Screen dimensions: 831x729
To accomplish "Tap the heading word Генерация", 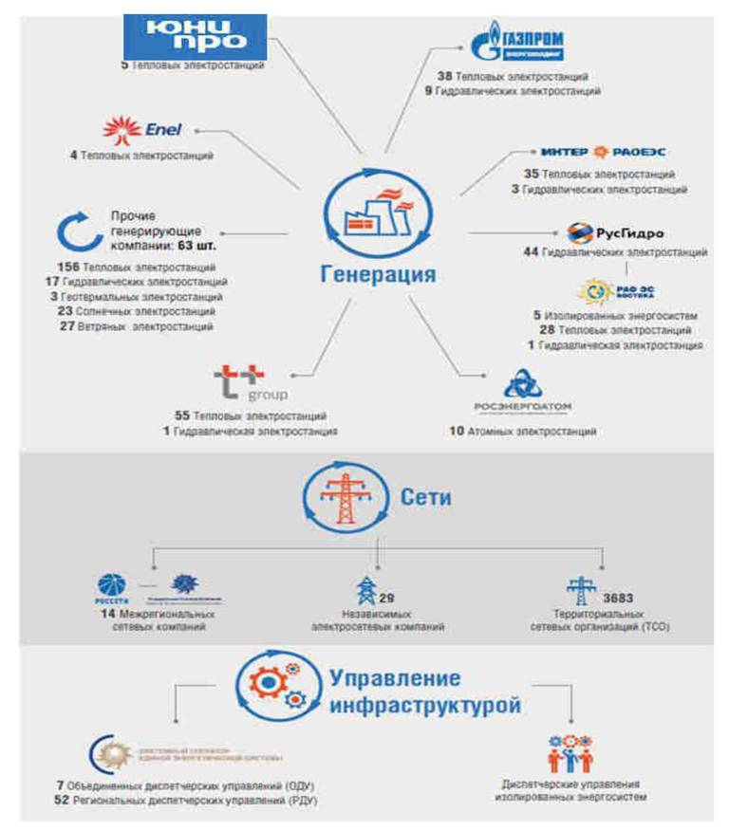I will coord(377,275).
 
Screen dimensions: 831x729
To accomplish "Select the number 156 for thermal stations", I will coord(70,268).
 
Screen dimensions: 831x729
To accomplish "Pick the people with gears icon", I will coord(571,754).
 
